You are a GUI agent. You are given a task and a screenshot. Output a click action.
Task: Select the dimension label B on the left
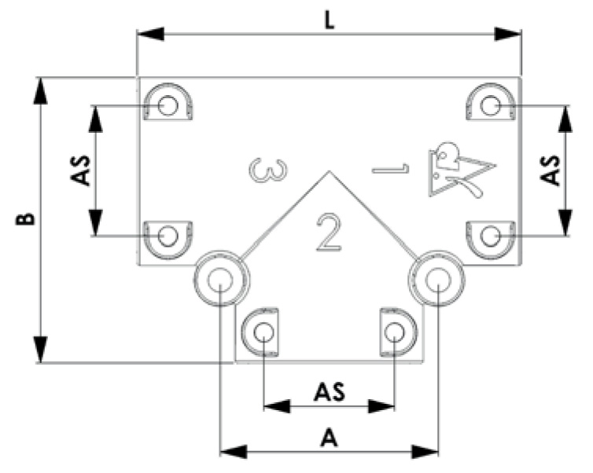pos(27,218)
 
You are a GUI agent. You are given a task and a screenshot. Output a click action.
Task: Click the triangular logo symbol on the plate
pos(460,169)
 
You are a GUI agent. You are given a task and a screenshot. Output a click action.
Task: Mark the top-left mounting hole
pos(167,104)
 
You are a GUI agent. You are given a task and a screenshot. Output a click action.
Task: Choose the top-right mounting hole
pos(491,104)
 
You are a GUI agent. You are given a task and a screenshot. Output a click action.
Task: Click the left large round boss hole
pos(221,279)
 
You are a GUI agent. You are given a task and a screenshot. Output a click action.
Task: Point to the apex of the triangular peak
pos(329,170)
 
